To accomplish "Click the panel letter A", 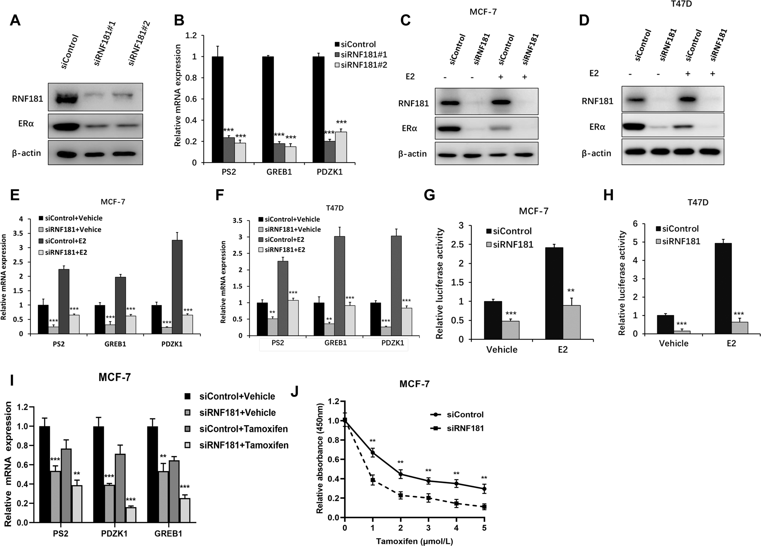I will (15, 20).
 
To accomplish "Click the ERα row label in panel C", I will (409, 128).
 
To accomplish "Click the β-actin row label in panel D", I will (596, 153).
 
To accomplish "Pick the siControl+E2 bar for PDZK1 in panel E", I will (177, 287).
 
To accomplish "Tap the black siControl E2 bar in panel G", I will (554, 293).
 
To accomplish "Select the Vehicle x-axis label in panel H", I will (673, 343).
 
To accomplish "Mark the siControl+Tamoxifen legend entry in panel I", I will (243, 429).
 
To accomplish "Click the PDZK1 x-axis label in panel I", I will (114, 534).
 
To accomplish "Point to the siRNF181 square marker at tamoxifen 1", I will (373, 480).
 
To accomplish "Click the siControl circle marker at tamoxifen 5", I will (484, 489).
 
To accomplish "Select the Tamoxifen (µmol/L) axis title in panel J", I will (414, 541).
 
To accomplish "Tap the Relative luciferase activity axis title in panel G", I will (439, 283).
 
